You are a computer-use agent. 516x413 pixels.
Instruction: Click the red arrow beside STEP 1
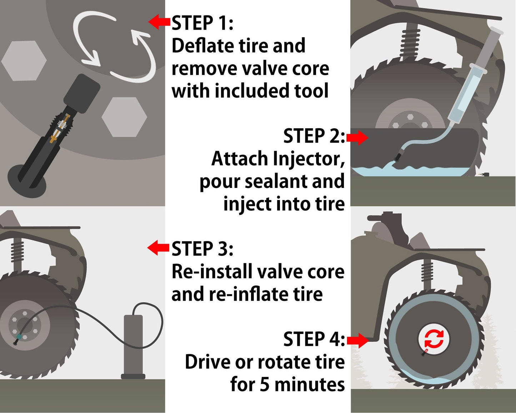pos(159,22)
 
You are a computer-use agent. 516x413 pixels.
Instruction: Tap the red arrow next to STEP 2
pos(357,138)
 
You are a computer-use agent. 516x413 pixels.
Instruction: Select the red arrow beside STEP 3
pos(158,248)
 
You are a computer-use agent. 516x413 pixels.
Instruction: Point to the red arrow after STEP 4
pos(357,340)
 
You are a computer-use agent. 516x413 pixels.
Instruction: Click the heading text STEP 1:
pos(202,23)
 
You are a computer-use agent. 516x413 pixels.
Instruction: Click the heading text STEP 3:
pos(202,249)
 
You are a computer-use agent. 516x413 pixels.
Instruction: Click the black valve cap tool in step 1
pos(82,93)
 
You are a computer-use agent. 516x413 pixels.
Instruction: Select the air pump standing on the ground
pos(133,347)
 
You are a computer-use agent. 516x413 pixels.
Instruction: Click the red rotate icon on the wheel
pos(434,339)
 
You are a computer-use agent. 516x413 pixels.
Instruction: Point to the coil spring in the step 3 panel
pos(17,252)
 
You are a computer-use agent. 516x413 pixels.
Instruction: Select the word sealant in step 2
pos(276,182)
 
